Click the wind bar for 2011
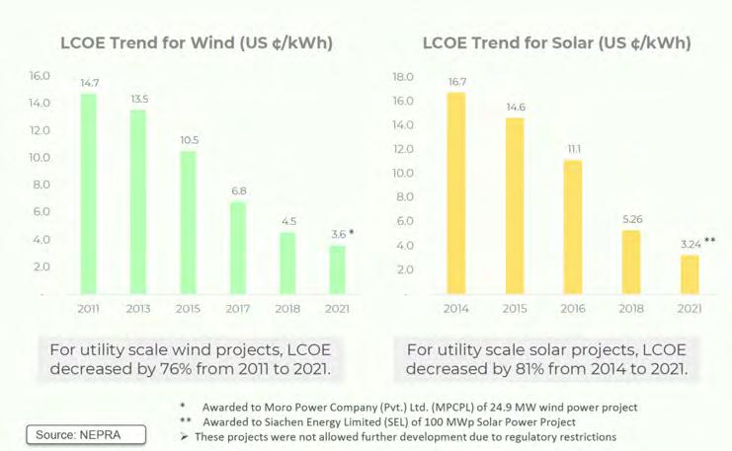click(x=89, y=193)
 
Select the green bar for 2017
click(x=238, y=248)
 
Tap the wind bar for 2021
click(x=338, y=269)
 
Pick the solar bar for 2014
click(x=455, y=193)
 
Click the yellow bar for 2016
click(x=572, y=227)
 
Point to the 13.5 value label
click(x=139, y=99)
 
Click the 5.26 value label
click(x=630, y=219)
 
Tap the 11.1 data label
click(x=572, y=149)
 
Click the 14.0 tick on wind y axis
click(x=39, y=103)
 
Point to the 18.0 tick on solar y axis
click(x=402, y=77)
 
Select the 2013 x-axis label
click(x=139, y=309)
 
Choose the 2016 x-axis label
click(x=572, y=309)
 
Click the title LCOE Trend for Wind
click(x=196, y=43)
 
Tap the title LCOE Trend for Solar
click(x=556, y=43)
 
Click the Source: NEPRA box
click(x=87, y=434)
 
